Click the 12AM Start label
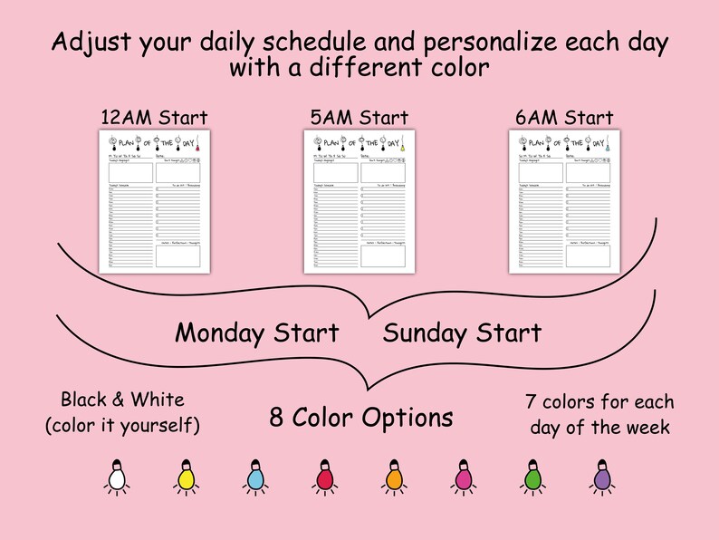click(154, 118)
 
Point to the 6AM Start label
click(564, 118)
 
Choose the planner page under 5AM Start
click(359, 200)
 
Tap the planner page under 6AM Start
click(564, 200)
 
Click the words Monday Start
click(257, 333)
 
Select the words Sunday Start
click(462, 333)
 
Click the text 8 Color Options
click(361, 418)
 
